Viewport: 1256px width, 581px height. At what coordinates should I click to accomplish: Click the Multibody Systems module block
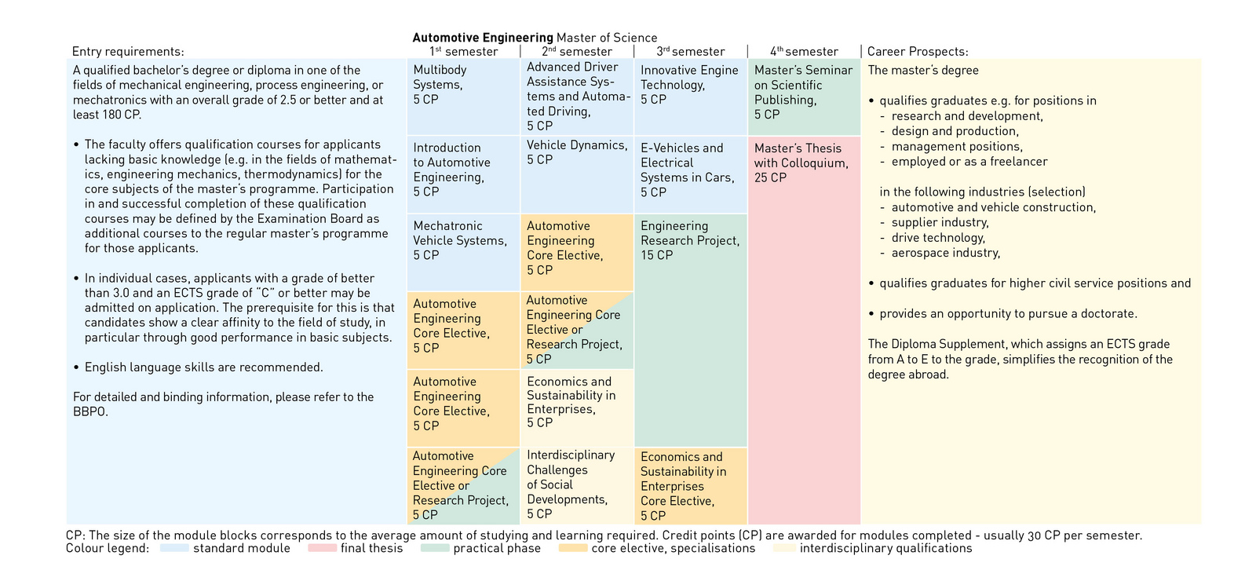[462, 96]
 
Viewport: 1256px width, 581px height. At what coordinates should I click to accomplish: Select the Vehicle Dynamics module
[576, 173]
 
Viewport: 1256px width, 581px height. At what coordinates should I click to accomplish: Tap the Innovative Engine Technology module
[690, 96]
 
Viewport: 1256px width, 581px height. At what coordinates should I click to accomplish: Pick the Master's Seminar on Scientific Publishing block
[804, 96]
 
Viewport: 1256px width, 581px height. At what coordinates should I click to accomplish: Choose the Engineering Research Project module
[690, 330]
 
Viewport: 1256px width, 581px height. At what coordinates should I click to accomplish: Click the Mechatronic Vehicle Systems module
[462, 251]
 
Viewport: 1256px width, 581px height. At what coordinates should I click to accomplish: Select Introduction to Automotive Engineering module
[462, 174]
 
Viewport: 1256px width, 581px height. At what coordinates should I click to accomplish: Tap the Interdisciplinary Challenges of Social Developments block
[576, 484]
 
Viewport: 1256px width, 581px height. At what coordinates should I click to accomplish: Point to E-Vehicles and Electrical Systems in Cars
[690, 174]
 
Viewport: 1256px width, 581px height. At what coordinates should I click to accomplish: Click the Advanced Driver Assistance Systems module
[576, 96]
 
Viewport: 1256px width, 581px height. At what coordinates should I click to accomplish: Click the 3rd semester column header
[691, 52]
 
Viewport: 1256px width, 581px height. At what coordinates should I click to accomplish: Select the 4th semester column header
[804, 52]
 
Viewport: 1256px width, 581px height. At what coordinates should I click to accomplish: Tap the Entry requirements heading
[128, 52]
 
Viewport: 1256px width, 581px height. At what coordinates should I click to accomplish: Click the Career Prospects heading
[918, 52]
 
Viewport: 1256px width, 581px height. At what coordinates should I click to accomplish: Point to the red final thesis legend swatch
[322, 548]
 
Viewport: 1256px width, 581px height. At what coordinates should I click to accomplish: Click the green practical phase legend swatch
[435, 548]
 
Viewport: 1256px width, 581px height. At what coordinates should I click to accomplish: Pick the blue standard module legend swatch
[174, 548]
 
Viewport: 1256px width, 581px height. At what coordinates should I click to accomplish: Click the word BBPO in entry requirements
[90, 412]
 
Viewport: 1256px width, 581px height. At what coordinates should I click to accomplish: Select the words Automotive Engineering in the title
[483, 38]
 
